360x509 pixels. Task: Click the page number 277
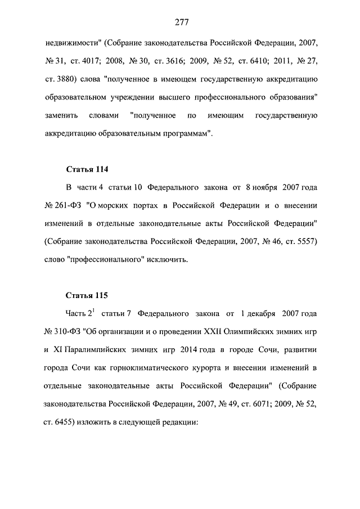181,22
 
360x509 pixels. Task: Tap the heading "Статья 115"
87,295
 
